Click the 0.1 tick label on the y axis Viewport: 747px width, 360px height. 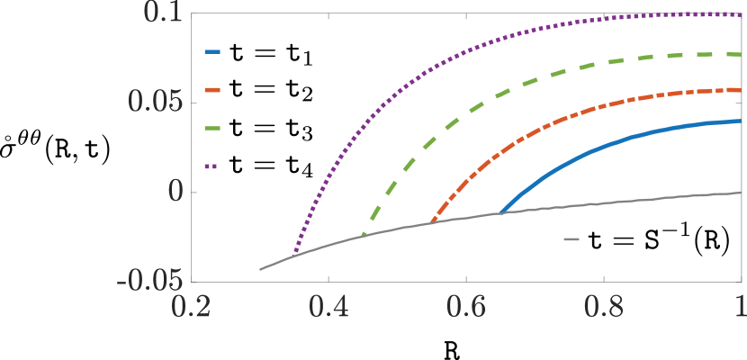[164, 13]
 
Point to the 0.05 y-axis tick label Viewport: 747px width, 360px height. [155, 102]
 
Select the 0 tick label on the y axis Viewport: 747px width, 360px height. [175, 192]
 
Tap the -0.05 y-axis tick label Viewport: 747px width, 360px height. [149, 281]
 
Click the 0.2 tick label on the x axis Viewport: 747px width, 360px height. [191, 306]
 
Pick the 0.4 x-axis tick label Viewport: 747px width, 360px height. [328, 306]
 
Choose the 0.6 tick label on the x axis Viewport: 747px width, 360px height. [466, 306]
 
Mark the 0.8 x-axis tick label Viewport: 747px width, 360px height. [604, 306]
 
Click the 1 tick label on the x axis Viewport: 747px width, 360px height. [740, 306]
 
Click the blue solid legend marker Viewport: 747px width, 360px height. [212, 51]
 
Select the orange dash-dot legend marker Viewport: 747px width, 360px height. [212, 90]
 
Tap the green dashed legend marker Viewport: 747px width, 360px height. [212, 128]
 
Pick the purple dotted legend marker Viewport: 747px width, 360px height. [212, 166]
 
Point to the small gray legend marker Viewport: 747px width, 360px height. [571, 239]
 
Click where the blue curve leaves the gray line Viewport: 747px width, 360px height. [500, 213]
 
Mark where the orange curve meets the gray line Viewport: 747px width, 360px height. [432, 221]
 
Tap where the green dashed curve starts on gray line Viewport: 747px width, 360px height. [363, 235]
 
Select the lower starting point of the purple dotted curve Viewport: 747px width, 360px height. [294, 255]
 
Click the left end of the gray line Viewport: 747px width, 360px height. [260, 269]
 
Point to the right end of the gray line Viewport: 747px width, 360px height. [741, 192]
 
